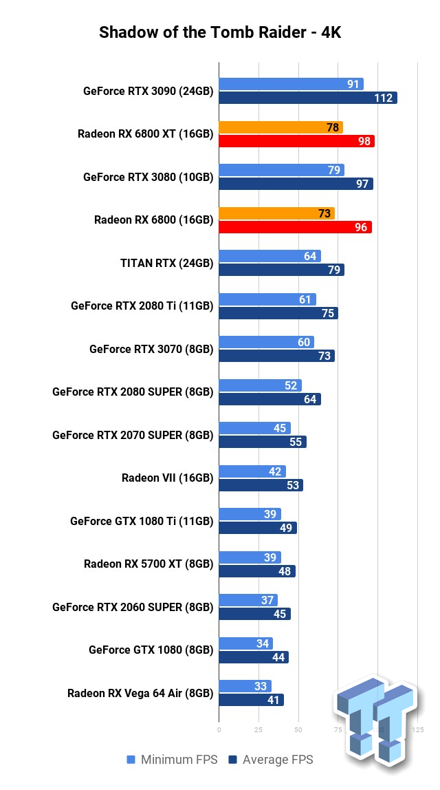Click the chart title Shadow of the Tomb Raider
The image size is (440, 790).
(219, 32)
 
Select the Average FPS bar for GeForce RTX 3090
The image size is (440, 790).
(307, 98)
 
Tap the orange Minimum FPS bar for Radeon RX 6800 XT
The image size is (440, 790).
(280, 127)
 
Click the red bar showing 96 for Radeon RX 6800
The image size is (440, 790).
(295, 227)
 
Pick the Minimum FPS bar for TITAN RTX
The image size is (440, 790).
(269, 256)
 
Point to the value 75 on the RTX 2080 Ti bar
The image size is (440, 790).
(328, 313)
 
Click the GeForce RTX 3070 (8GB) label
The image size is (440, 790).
(151, 349)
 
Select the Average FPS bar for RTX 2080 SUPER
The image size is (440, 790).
(269, 399)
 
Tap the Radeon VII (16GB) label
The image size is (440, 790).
(167, 478)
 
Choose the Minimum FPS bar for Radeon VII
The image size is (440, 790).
(252, 471)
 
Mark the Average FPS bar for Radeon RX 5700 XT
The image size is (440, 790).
(256, 571)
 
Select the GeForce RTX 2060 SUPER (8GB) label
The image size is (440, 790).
(133, 607)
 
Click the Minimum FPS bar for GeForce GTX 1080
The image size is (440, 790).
(245, 643)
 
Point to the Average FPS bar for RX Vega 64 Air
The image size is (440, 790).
(251, 700)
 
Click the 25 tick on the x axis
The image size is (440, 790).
(258, 729)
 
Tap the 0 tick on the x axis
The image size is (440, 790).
(219, 729)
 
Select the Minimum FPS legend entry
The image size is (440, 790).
(172, 760)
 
